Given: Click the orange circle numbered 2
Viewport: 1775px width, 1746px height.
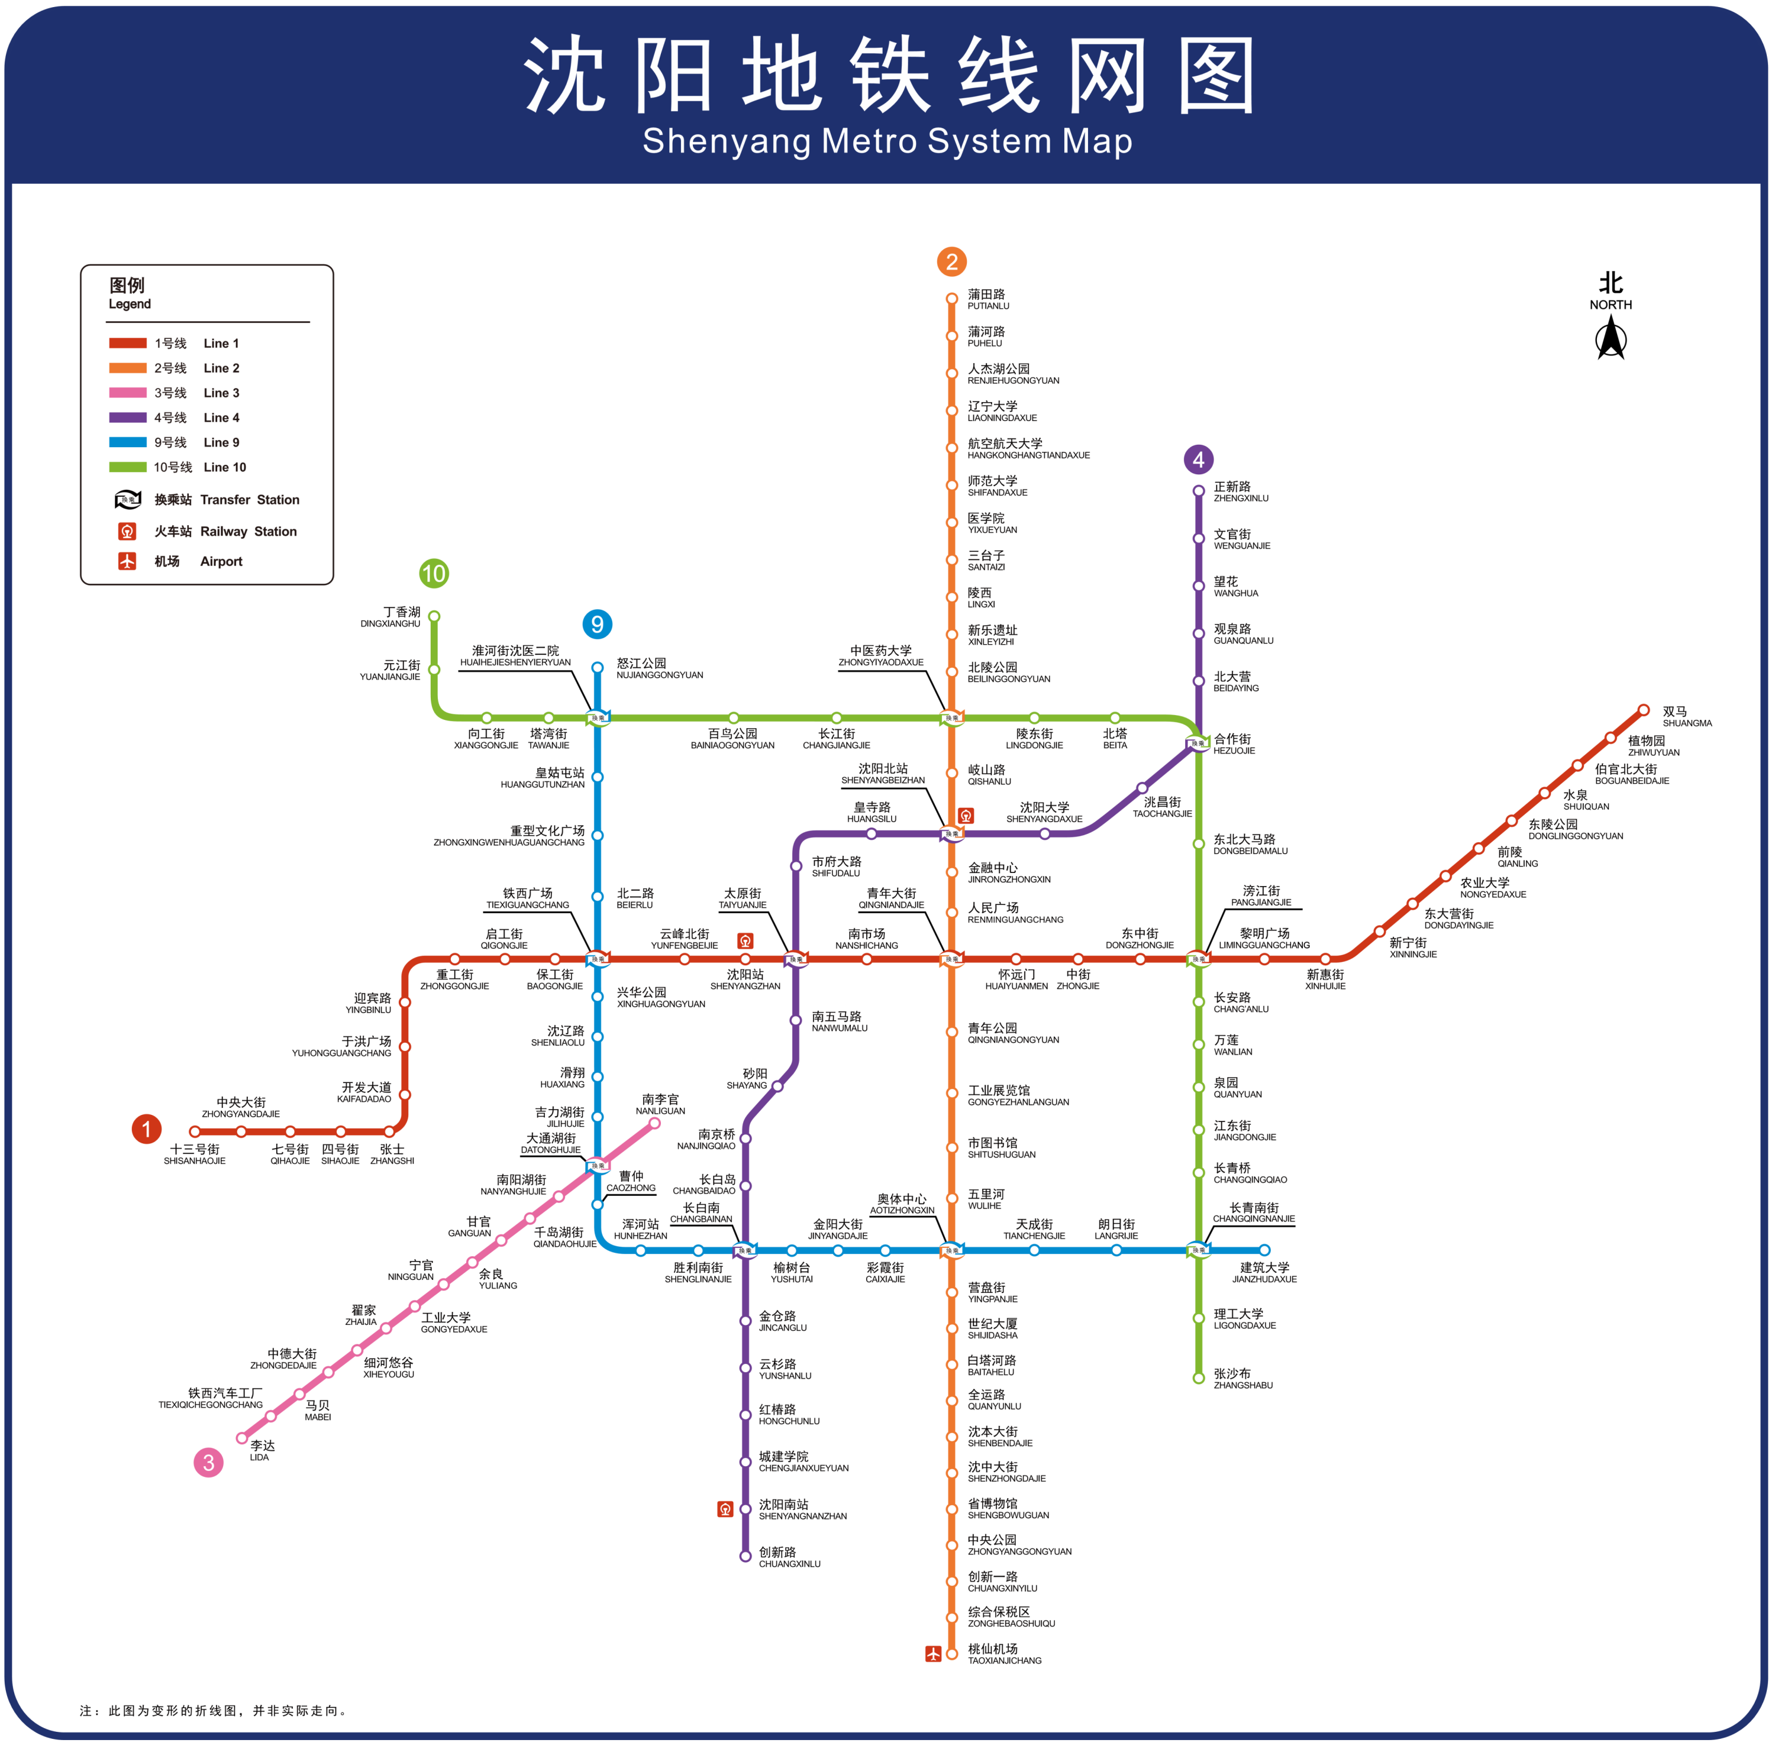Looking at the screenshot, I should tap(951, 262).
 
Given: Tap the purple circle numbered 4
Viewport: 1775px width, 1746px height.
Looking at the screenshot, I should tap(1198, 460).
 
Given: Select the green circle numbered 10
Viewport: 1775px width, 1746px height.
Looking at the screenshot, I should tap(434, 574).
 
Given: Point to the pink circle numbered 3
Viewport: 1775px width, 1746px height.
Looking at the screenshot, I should tap(208, 1462).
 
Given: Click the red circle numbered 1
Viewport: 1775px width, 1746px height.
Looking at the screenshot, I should tap(147, 1129).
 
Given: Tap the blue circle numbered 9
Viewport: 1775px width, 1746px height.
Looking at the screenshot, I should tap(597, 625).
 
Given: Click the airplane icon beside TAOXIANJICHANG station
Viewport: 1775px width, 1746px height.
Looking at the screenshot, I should tap(933, 1653).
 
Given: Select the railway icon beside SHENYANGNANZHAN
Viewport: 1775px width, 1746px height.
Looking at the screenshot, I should tap(725, 1508).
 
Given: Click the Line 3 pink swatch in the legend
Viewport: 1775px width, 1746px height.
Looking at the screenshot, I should tap(128, 393).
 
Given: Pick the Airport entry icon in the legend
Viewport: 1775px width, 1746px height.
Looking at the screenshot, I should tap(128, 561).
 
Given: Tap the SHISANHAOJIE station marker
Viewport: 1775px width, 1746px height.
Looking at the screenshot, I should tap(195, 1131).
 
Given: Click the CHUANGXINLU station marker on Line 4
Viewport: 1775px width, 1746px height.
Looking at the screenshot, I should tap(745, 1556).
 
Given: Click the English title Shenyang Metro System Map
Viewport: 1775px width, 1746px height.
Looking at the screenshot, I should tap(887, 141).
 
